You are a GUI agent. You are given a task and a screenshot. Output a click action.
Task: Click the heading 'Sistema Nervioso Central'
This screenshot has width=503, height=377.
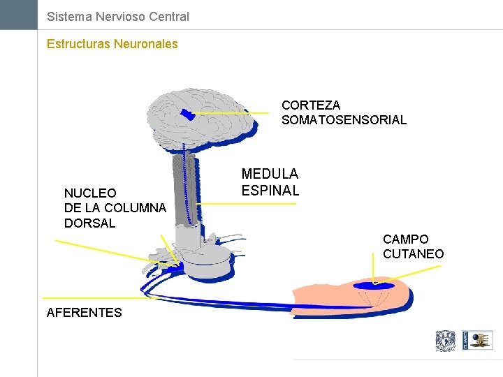[117, 16]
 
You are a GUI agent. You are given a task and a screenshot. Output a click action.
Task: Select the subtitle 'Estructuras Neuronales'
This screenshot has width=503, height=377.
[112, 44]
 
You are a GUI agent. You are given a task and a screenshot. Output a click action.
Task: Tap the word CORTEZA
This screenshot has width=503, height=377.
[311, 105]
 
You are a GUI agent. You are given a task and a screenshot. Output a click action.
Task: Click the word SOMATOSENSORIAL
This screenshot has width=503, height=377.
[344, 120]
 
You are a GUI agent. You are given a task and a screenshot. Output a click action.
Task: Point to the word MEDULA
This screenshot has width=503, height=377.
[270, 174]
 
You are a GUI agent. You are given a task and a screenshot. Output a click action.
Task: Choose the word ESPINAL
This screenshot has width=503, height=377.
[270, 190]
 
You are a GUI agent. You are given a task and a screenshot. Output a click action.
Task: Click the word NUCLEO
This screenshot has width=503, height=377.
[90, 193]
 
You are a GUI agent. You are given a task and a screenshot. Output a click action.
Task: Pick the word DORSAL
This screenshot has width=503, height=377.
[89, 223]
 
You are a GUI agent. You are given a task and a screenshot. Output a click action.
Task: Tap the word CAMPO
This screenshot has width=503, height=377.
[405, 239]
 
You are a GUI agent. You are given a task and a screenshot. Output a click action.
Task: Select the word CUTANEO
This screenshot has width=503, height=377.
[413, 254]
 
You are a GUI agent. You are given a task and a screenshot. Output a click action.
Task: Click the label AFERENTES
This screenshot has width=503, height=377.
[84, 313]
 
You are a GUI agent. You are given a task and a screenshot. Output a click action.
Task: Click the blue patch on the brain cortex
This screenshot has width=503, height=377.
[187, 113]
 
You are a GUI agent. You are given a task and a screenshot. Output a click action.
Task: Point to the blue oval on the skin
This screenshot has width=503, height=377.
[374, 286]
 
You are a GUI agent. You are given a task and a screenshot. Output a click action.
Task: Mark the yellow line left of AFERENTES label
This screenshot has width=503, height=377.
[94, 298]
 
